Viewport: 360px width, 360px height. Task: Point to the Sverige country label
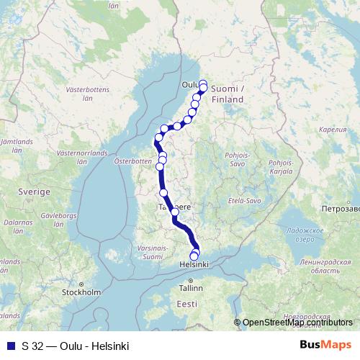pyautogui.click(x=34, y=193)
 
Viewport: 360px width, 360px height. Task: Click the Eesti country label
pyautogui.click(x=186, y=305)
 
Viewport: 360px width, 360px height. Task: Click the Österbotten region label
pyautogui.click(x=131, y=161)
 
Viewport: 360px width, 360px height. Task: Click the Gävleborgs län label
pyautogui.click(x=60, y=219)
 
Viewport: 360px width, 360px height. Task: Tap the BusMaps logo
pyautogui.click(x=326, y=345)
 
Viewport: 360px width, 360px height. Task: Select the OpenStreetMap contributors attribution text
pyautogui.click(x=298, y=323)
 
